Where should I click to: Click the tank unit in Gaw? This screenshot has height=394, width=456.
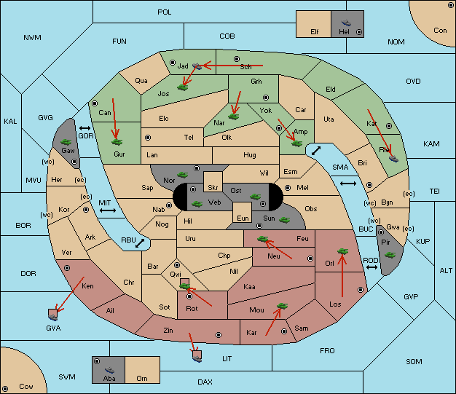click(x=66, y=142)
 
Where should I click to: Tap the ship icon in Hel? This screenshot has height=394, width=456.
click(x=346, y=23)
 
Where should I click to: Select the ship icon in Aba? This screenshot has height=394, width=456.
click(x=109, y=370)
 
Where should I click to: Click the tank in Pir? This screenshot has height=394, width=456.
click(x=390, y=255)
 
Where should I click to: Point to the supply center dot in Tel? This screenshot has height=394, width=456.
click(x=148, y=138)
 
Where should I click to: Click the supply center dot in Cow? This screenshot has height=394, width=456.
click(x=5, y=389)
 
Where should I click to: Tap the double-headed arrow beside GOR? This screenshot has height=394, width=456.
click(x=85, y=128)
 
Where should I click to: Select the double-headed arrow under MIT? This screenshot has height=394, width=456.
click(x=108, y=210)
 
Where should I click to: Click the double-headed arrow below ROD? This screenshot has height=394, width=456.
click(x=372, y=267)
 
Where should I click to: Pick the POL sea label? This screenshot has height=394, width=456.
click(x=165, y=12)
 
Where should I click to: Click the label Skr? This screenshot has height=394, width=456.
click(x=213, y=188)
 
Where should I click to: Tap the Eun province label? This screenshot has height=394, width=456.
click(x=243, y=218)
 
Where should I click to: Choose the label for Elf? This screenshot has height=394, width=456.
click(x=315, y=32)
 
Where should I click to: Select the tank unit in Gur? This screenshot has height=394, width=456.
click(x=117, y=142)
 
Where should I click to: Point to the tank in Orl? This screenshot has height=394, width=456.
click(x=342, y=251)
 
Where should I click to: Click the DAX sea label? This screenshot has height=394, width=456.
click(x=205, y=382)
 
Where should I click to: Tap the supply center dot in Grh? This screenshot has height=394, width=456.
click(x=266, y=98)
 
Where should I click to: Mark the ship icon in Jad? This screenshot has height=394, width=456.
click(x=197, y=66)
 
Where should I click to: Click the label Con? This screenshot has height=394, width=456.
click(x=440, y=31)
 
